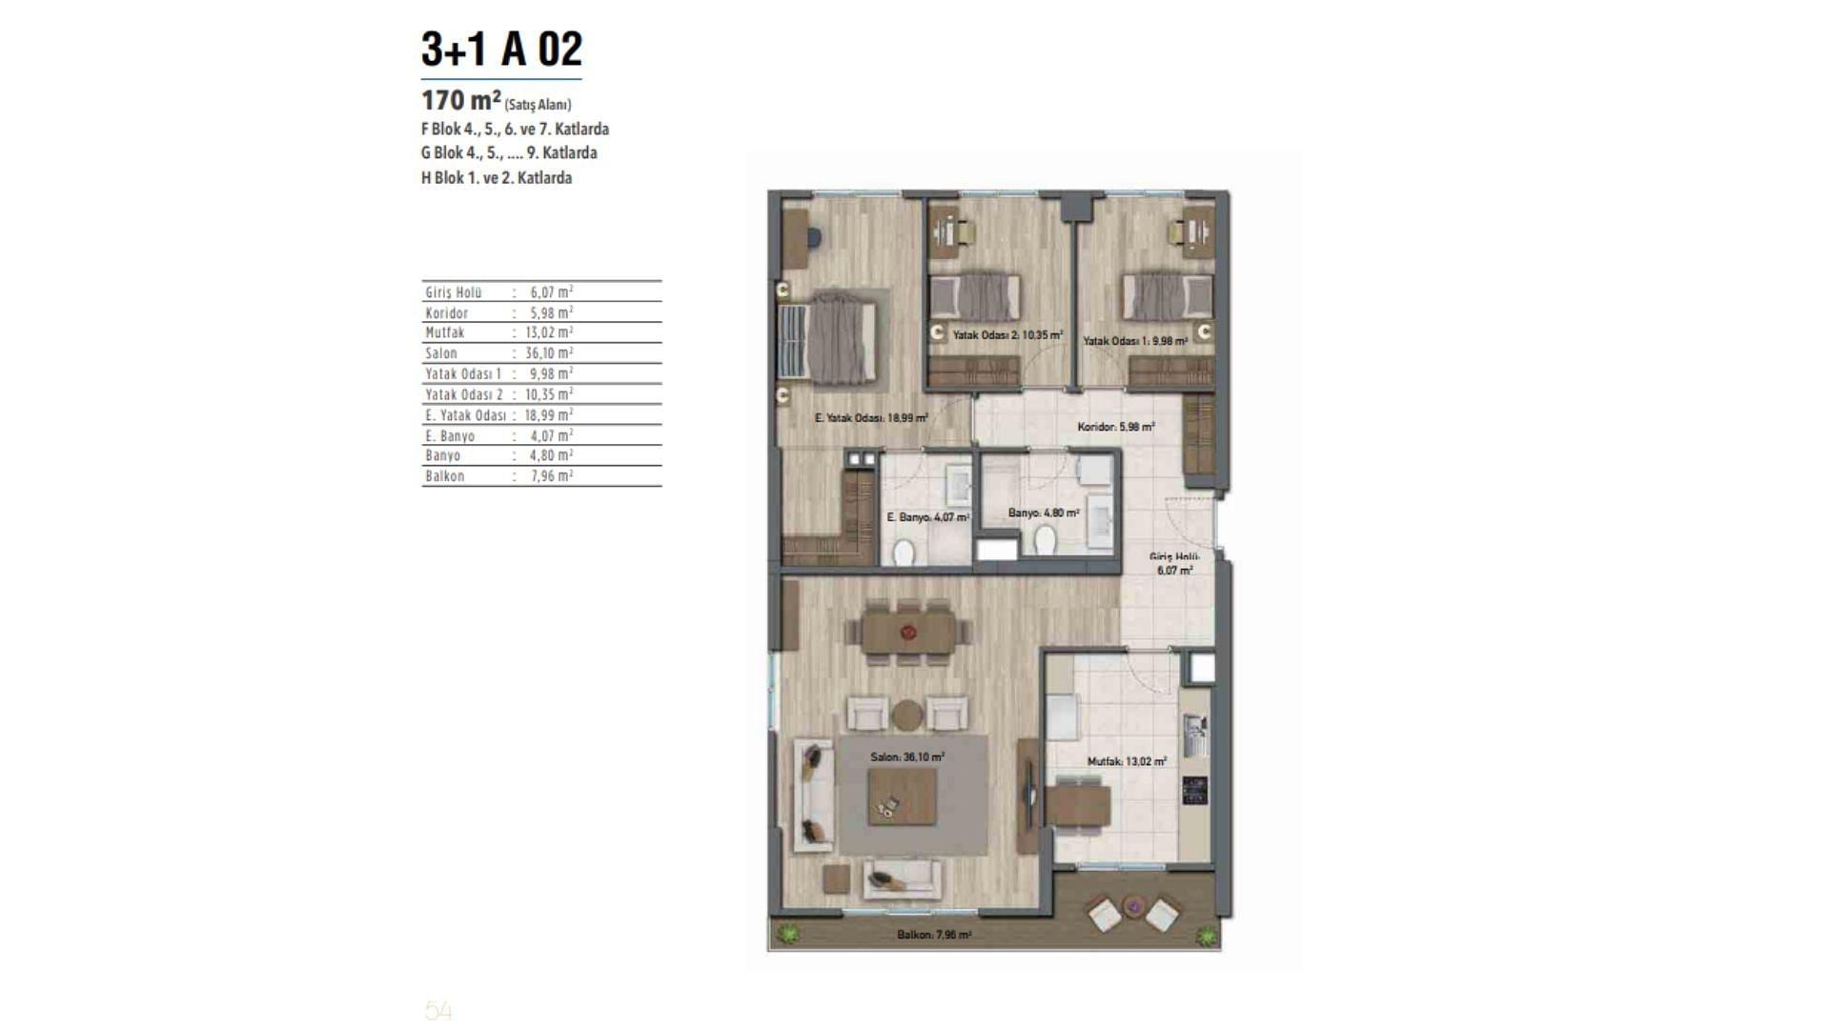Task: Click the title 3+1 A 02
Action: [501, 50]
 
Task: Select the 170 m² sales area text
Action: [497, 101]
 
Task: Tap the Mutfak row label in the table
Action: [445, 333]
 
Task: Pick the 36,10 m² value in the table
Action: [549, 353]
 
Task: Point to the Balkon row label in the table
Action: [445, 476]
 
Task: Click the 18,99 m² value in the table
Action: [549, 414]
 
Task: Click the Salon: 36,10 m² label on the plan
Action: [907, 757]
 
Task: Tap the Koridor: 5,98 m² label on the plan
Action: [1116, 427]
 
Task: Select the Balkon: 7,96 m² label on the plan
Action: [934, 935]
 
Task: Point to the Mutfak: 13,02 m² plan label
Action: [1128, 761]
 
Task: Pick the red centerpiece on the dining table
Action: [908, 631]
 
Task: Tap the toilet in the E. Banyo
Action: [903, 552]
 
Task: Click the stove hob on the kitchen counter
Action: [1195, 790]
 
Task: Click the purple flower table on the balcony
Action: [1134, 905]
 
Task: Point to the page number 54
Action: [438, 1010]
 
